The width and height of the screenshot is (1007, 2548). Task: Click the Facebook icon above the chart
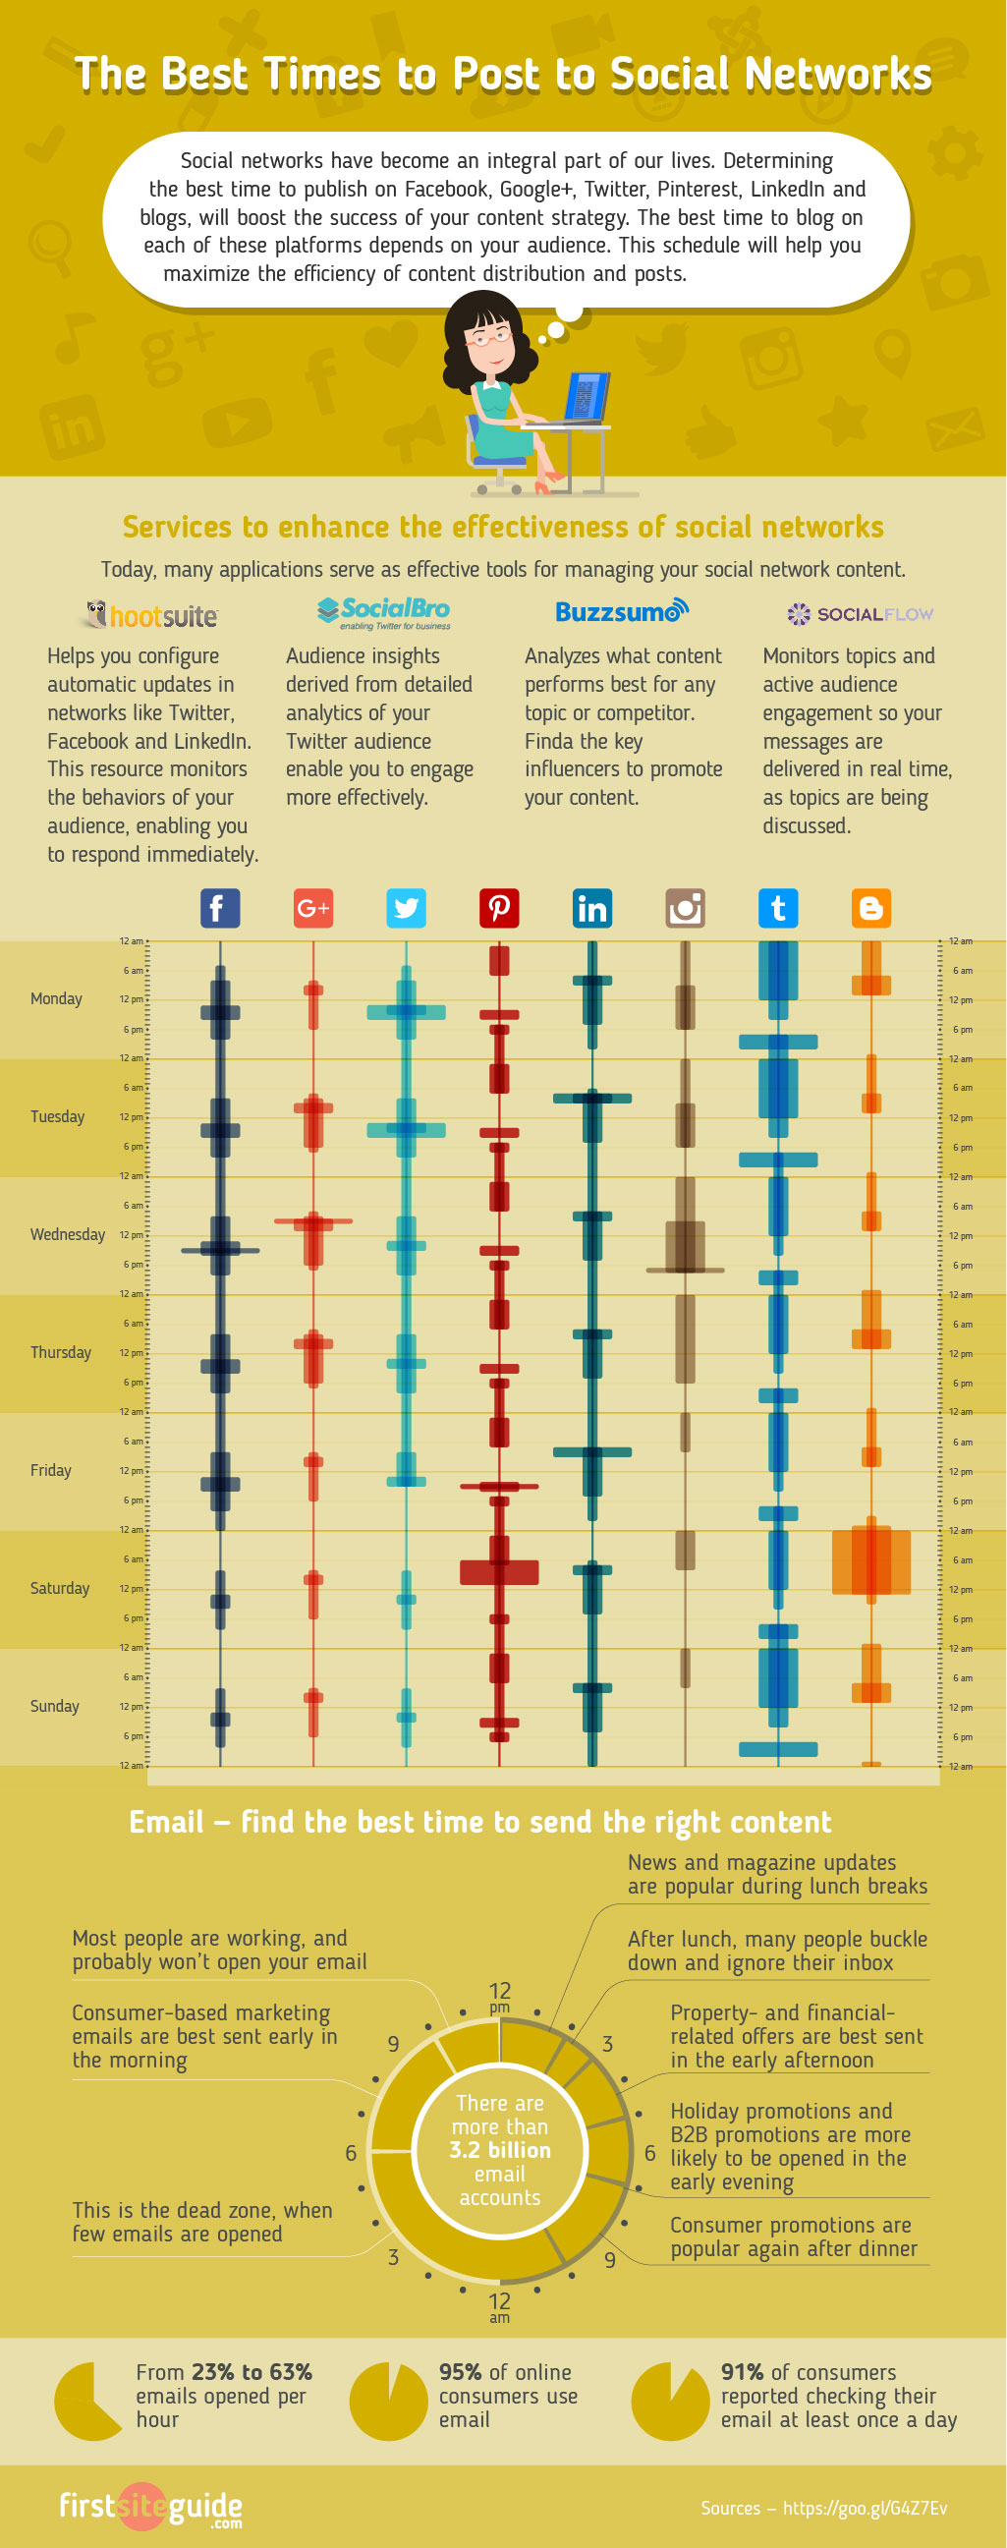point(220,908)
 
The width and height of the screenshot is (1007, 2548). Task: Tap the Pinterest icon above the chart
point(498,908)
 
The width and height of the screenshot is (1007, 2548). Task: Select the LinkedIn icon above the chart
point(591,908)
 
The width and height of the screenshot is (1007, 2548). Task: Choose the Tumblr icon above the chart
point(777,908)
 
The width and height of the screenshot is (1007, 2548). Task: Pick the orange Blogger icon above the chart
point(870,908)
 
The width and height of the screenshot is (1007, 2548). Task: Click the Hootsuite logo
point(151,615)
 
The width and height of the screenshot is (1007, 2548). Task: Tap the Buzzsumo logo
point(621,611)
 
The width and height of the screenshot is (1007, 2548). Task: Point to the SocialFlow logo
point(860,614)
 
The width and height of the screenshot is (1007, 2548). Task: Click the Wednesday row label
point(67,1234)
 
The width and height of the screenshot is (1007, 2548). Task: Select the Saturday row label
point(59,1588)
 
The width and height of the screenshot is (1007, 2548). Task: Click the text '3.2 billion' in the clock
point(499,2149)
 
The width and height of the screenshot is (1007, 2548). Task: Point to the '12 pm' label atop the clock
point(499,1996)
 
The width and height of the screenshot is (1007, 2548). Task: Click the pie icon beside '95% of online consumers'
point(389,2402)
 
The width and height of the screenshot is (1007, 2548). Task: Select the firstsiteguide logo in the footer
point(150,2508)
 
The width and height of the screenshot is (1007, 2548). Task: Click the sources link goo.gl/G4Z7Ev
point(865,2508)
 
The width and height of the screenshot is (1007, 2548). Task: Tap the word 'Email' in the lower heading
point(166,1822)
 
